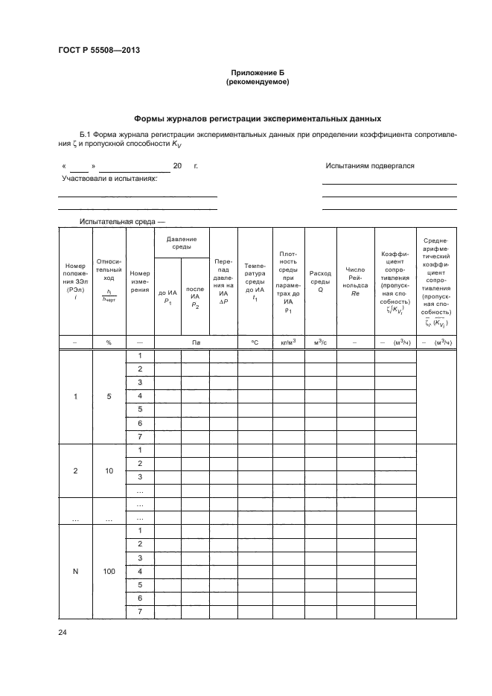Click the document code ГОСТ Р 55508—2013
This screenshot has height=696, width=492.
(x=99, y=51)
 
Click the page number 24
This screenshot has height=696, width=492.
(x=63, y=632)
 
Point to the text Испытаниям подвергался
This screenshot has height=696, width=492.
(x=370, y=166)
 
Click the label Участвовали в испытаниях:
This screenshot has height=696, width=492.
(x=109, y=179)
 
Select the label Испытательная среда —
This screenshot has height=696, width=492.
(x=122, y=222)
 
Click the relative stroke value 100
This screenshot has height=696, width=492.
(x=109, y=571)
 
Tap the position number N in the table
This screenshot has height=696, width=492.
(x=75, y=571)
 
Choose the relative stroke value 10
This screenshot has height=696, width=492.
(x=109, y=471)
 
